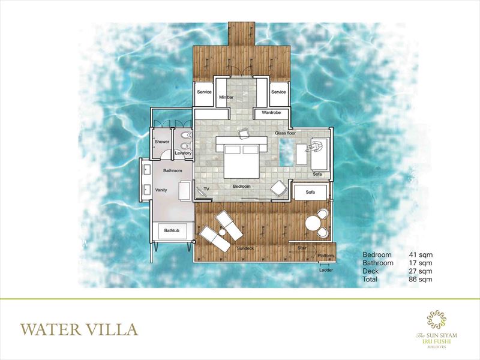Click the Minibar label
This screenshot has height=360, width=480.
(226, 97)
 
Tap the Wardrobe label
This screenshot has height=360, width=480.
(271, 113)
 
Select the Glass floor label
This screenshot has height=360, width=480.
(286, 133)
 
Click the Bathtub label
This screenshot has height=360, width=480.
(172, 230)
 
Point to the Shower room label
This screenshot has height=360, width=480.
(161, 142)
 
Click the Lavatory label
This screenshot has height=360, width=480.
(183, 153)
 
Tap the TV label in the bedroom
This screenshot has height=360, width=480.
(206, 189)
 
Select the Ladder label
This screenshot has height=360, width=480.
(326, 271)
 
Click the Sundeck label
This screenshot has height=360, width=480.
(245, 248)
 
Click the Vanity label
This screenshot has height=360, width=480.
(161, 190)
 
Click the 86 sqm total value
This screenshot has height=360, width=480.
(421, 279)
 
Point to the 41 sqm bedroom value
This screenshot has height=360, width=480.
(421, 254)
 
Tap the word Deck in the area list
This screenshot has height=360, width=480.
(370, 271)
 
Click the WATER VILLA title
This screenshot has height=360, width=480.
(79, 329)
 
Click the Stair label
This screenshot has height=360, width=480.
(302, 248)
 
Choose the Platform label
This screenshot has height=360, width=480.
(326, 256)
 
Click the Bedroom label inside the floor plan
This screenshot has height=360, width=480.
(242, 187)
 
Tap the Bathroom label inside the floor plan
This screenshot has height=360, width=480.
(173, 171)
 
